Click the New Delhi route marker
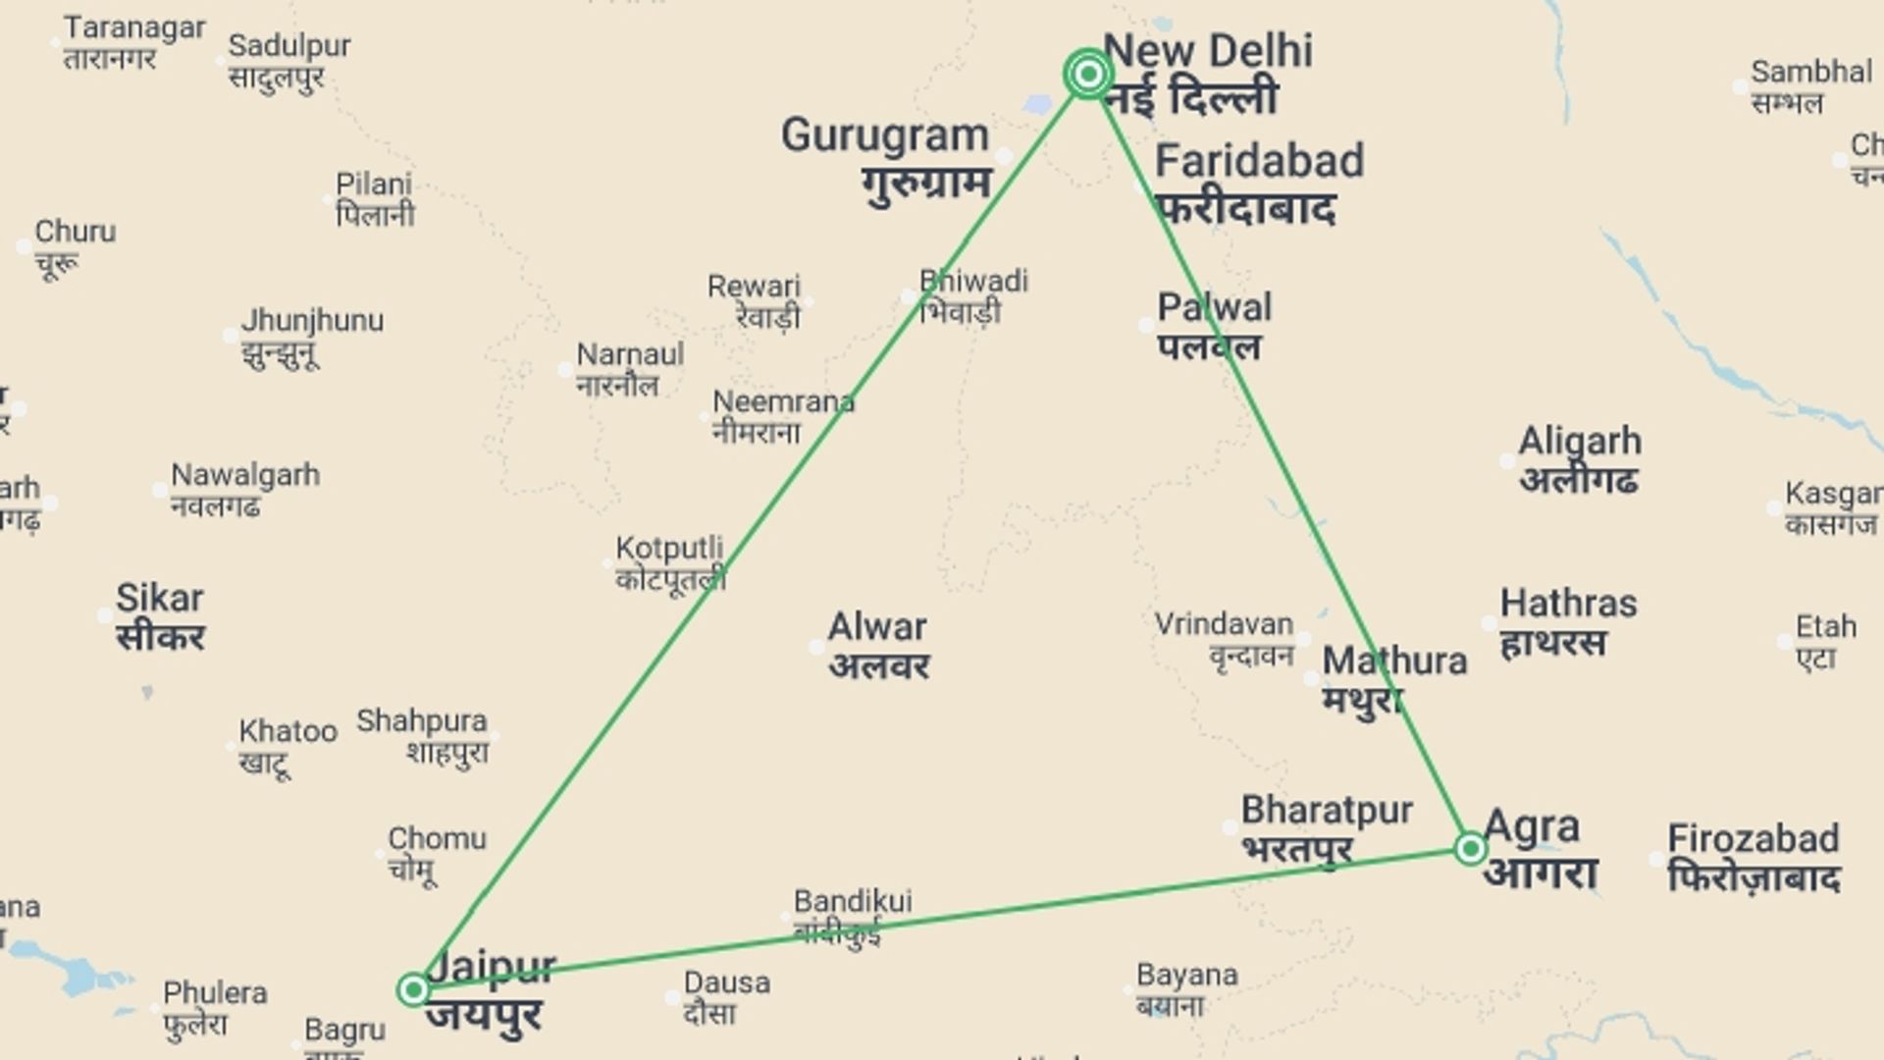coord(1087,74)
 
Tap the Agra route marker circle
coord(1470,848)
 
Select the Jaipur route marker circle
coord(413,988)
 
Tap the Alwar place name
coord(876,628)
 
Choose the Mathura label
coord(1393,662)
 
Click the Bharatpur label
coord(1326,812)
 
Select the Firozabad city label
coord(1753,840)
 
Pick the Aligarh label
coord(1579,443)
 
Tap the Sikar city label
coord(159,599)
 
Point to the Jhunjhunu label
coord(312,322)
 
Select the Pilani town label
coord(374,185)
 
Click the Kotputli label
coord(669,549)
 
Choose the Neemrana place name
coord(783,402)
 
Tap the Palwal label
coord(1214,308)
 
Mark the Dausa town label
coord(726,983)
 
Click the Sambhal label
coord(1811,73)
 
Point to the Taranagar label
coord(134,28)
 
